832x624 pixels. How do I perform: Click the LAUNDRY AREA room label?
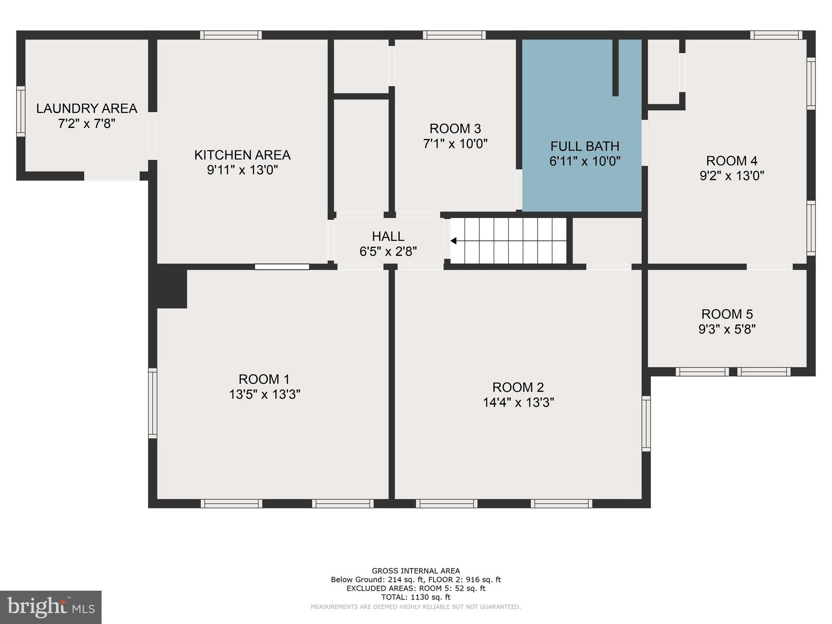(87, 108)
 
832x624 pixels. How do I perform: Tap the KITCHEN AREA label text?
(242, 155)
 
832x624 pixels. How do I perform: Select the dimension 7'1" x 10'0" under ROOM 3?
(455, 144)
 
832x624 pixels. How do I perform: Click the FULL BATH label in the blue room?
(585, 146)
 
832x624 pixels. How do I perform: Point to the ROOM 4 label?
(732, 161)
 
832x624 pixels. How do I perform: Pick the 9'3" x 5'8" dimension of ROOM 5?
(727, 329)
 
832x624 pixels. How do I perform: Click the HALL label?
(388, 236)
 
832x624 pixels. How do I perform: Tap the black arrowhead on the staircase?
(453, 241)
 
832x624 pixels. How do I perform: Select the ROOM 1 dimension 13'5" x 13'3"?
(264, 394)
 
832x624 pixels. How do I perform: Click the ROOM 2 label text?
(518, 387)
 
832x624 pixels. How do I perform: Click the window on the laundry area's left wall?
(21, 111)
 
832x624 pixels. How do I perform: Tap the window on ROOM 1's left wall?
(152, 403)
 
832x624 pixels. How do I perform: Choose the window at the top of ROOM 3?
(454, 35)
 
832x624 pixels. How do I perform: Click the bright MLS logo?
(51, 607)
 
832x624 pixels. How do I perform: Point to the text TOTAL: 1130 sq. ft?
(416, 597)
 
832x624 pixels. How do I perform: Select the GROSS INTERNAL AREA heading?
(416, 571)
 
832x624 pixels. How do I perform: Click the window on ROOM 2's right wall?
(646, 424)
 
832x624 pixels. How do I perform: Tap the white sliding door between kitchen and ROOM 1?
(282, 267)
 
